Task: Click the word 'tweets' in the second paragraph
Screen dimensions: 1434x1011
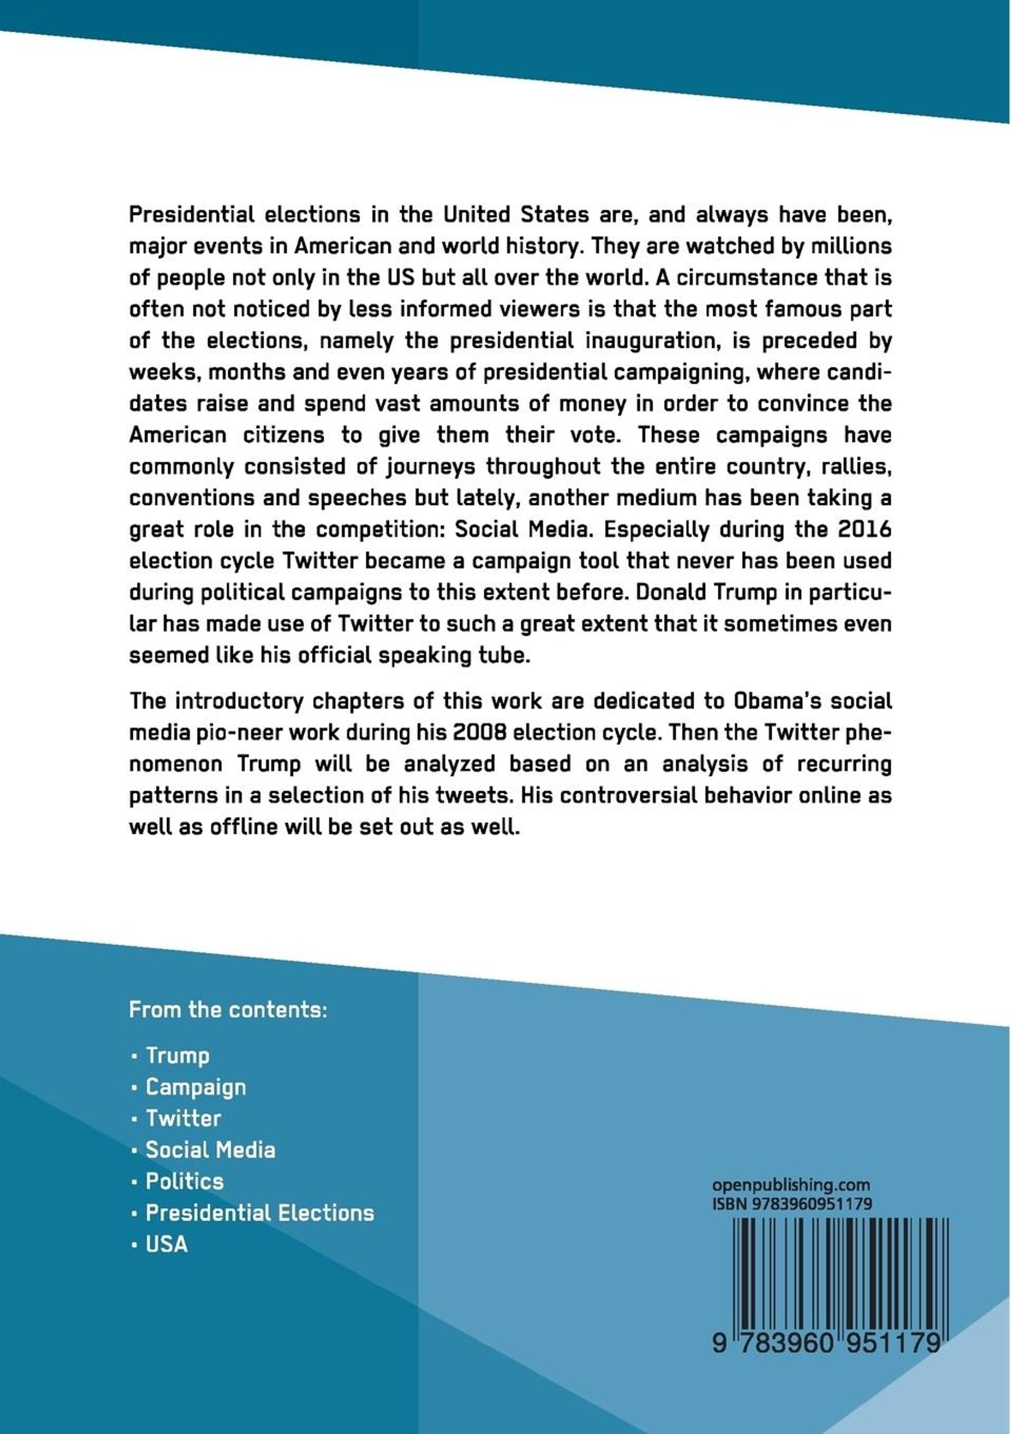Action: [x=475, y=796]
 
